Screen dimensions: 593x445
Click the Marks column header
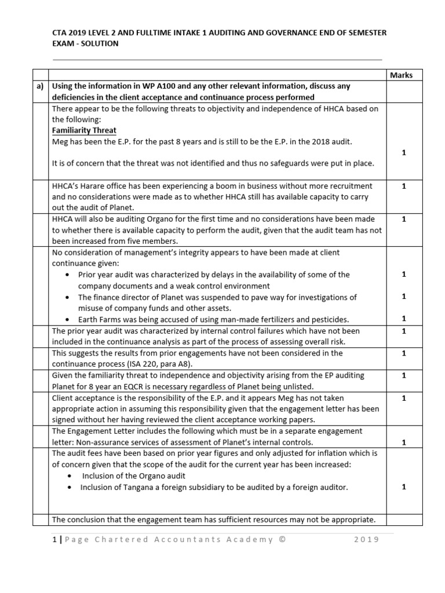(x=401, y=75)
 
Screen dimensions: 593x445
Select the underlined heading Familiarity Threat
(x=84, y=130)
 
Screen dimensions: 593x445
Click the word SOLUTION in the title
(x=98, y=43)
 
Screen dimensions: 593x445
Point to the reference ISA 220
(x=153, y=364)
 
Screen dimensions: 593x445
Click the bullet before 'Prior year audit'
(x=69, y=274)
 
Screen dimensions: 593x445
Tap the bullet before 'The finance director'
(x=69, y=297)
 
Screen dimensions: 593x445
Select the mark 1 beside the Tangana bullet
(x=403, y=486)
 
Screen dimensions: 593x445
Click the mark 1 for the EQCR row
(x=403, y=375)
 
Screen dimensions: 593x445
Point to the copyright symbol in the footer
(x=282, y=540)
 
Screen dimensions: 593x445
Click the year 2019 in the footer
(x=366, y=540)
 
